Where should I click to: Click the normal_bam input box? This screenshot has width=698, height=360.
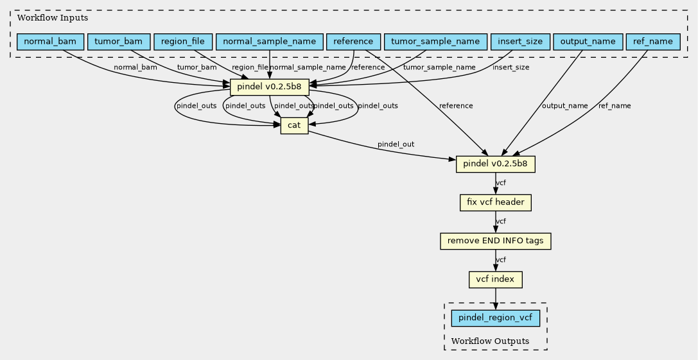(x=50, y=42)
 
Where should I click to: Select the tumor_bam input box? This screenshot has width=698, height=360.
(x=119, y=42)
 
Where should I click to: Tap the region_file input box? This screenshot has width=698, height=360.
(x=183, y=42)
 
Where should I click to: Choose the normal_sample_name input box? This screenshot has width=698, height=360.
(x=269, y=42)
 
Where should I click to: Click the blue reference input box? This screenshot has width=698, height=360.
(x=353, y=42)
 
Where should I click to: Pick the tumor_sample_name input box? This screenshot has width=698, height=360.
(x=435, y=42)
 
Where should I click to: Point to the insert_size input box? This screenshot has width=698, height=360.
(x=520, y=42)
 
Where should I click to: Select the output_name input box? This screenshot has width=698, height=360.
(x=588, y=42)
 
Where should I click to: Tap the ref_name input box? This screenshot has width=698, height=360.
(x=653, y=42)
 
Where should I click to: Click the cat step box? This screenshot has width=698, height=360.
(x=294, y=126)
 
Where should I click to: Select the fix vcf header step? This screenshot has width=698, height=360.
(x=496, y=203)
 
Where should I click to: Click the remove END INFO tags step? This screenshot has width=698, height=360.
(x=496, y=241)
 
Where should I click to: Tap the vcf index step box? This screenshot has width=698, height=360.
(x=496, y=280)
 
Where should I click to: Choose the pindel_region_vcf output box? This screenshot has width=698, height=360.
(x=496, y=318)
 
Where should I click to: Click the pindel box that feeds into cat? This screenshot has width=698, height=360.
(x=270, y=87)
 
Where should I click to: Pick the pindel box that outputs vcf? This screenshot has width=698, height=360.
(x=496, y=164)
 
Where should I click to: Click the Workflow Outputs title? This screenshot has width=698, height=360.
(x=490, y=341)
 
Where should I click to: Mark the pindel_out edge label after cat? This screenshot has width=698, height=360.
(x=396, y=144)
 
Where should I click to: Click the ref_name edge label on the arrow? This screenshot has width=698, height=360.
(x=615, y=106)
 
